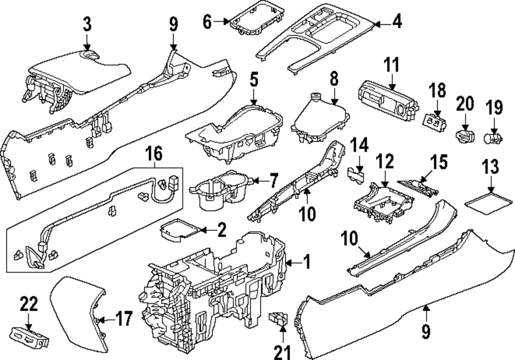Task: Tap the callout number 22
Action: tap(29, 305)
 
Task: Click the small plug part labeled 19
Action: tap(494, 138)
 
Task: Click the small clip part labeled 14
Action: tap(355, 176)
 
